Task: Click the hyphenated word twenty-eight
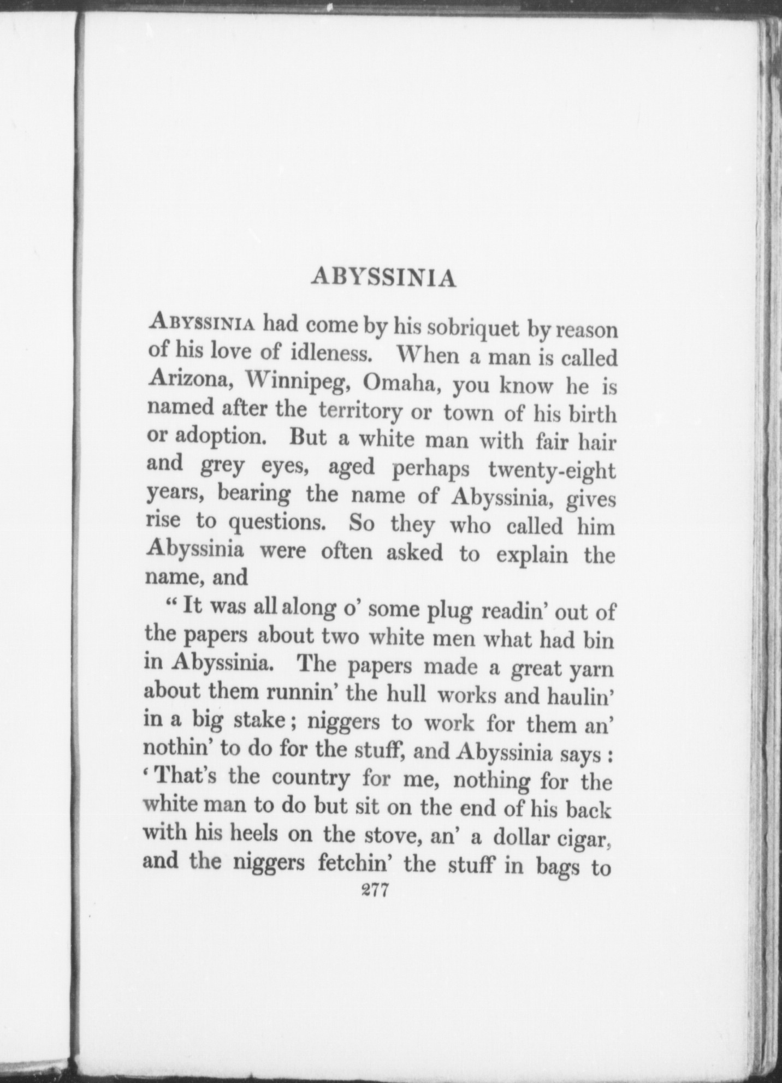(552, 469)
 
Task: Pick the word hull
(404, 694)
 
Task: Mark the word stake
(265, 722)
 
